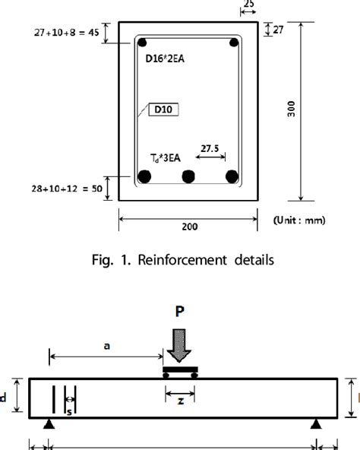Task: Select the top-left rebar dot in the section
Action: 141,43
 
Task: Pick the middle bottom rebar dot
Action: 187,178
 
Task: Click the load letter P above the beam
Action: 180,312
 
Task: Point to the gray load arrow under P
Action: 180,347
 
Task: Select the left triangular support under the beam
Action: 50,424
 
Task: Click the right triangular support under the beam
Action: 314,424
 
